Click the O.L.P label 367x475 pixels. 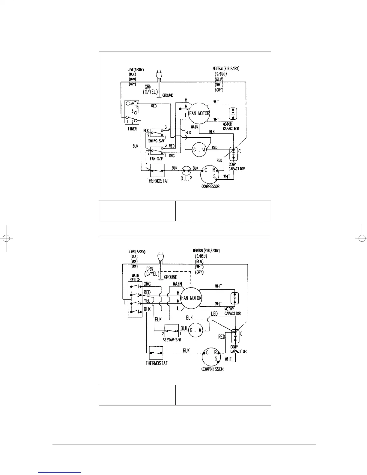tap(186, 178)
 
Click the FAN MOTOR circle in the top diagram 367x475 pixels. tap(199, 113)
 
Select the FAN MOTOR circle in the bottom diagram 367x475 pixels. tap(191, 298)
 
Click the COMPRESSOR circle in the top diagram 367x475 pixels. tap(210, 174)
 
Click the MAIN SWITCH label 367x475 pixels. tap(135, 277)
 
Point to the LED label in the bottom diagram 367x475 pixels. tap(214, 314)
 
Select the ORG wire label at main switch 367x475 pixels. tap(147, 284)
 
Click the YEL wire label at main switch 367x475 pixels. tap(147, 301)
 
